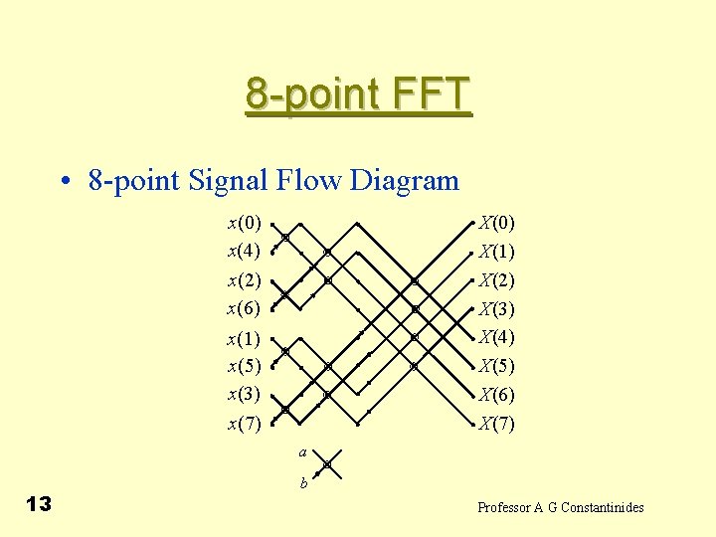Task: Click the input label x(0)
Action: (244, 222)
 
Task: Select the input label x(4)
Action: (244, 250)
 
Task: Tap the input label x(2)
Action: (244, 280)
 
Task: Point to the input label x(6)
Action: (244, 308)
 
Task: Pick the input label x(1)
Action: (244, 339)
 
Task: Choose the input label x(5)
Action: (244, 366)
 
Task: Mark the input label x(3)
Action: (244, 394)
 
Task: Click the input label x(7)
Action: (244, 425)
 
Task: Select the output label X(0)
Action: (496, 222)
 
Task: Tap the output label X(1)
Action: (496, 251)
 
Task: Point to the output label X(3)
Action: (496, 309)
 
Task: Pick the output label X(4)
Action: (496, 336)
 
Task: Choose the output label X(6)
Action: (496, 395)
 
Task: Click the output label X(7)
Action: (496, 425)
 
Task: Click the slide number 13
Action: (39, 504)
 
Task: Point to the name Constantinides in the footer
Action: (603, 508)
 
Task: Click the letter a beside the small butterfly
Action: (301, 453)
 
